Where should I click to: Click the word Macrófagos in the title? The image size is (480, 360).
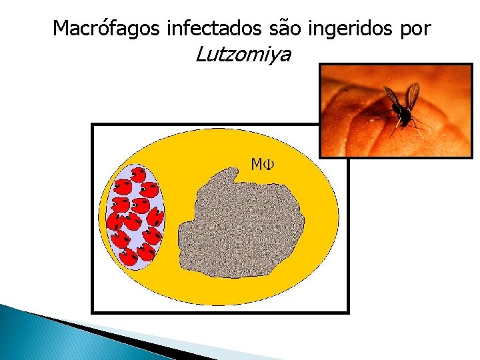pyautogui.click(x=107, y=28)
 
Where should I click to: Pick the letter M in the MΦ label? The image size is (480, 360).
pyautogui.click(x=257, y=164)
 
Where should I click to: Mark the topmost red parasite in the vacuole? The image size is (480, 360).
pyautogui.click(x=137, y=175)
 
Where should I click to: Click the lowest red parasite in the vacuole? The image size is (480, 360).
pyautogui.click(x=129, y=257)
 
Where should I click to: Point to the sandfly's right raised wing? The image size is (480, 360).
pyautogui.click(x=413, y=95)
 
